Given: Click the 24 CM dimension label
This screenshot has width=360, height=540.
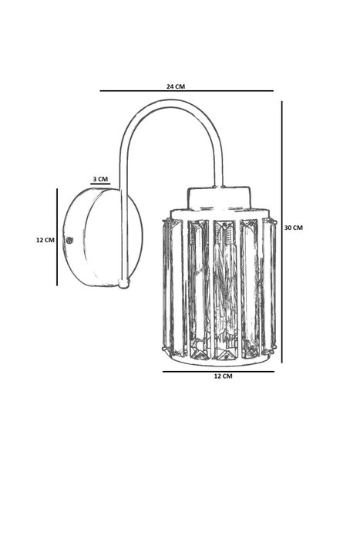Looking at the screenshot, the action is coord(176,86).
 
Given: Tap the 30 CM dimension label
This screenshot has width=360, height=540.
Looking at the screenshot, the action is coord(294,228).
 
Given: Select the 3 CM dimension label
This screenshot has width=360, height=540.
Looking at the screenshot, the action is coord(100,179).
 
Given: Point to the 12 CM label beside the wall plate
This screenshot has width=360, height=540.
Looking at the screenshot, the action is coord(45,240).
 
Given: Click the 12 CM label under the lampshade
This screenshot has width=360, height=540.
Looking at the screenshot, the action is coord(223,376).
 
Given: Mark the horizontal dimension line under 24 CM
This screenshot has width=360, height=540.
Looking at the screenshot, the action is coord(187,91).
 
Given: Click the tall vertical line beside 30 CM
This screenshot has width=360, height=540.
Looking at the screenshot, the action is coord(282,231).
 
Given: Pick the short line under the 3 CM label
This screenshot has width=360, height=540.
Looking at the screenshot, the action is coord(100,184).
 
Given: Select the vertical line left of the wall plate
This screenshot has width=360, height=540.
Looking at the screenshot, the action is coord(57,237).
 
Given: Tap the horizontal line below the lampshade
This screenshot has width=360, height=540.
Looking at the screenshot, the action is coord(218,372).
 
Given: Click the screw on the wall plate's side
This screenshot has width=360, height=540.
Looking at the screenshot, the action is coord(69,240).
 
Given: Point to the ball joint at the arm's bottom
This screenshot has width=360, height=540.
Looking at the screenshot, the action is coord(123,283).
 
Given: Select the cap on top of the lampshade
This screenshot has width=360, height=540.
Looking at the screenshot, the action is coord(218,198).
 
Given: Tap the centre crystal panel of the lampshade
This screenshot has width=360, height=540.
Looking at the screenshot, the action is coord(225,289).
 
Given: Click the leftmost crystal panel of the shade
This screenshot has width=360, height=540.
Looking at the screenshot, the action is coord(174,288).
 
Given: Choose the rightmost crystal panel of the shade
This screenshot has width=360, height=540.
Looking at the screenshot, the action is coord(269,286).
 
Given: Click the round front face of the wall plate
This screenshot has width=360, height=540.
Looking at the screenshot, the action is coord(113,238).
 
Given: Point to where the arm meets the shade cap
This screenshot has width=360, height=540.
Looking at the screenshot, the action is coord(218,187).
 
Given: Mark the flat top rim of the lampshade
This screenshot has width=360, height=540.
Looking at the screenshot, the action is coord(219,214).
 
